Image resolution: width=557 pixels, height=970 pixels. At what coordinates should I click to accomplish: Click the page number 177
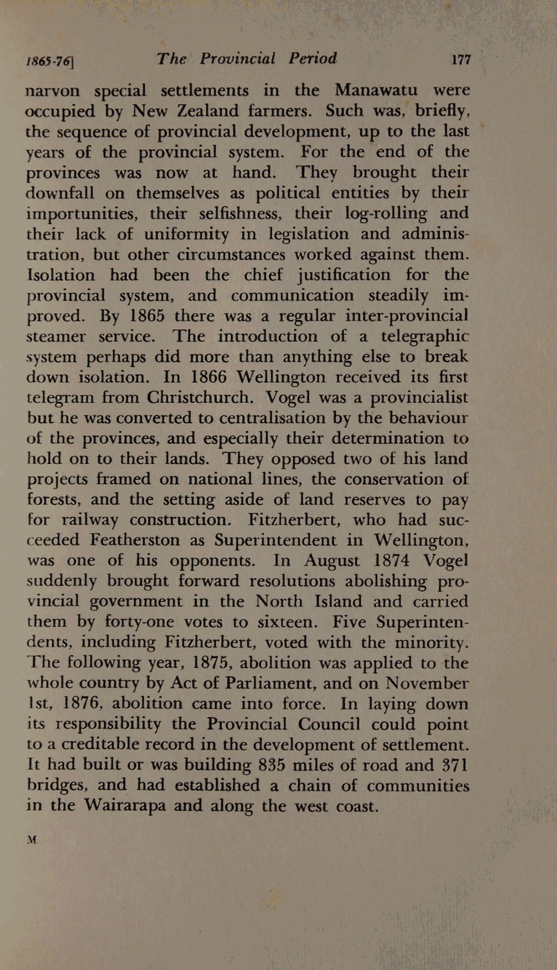(x=461, y=60)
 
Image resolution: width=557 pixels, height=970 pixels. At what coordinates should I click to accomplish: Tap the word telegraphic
(x=425, y=336)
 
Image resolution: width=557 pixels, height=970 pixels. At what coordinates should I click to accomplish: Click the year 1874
(x=390, y=560)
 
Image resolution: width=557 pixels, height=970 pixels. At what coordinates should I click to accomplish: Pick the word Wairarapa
(x=124, y=806)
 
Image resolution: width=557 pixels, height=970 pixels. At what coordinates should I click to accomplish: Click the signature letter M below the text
(x=31, y=840)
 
